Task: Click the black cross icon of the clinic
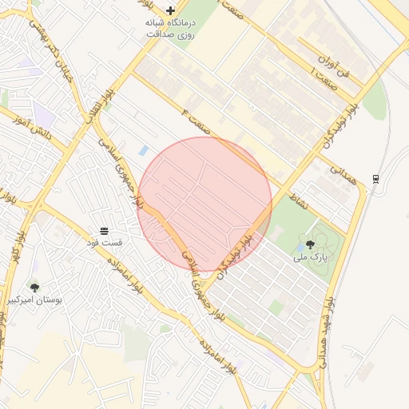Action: [x=170, y=10]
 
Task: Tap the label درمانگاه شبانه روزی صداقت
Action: [x=170, y=29]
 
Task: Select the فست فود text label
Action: [x=105, y=242]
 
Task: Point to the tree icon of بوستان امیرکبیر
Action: [x=34, y=287]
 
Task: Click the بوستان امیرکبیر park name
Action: [x=34, y=300]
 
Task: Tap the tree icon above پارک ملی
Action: [x=310, y=244]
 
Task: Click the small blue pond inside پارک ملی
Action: [x=300, y=248]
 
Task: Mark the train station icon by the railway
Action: [x=375, y=178]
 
